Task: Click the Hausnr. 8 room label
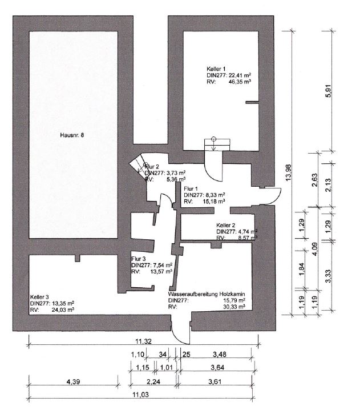(72, 135)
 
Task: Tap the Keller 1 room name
(216, 69)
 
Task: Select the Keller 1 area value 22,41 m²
(240, 75)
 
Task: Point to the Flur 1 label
(191, 188)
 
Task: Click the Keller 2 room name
(226, 225)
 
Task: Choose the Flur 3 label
(139, 259)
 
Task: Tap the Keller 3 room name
(39, 297)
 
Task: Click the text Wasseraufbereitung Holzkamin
(207, 294)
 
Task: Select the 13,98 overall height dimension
(289, 172)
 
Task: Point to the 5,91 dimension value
(329, 91)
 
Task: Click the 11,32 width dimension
(143, 341)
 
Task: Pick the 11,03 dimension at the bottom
(141, 395)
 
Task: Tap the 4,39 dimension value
(73, 382)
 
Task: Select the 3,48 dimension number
(220, 355)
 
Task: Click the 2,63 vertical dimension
(315, 180)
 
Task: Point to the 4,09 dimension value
(315, 249)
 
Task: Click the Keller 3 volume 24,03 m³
(63, 309)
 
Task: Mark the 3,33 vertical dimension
(329, 276)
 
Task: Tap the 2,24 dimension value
(153, 382)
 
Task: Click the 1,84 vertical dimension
(301, 269)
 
